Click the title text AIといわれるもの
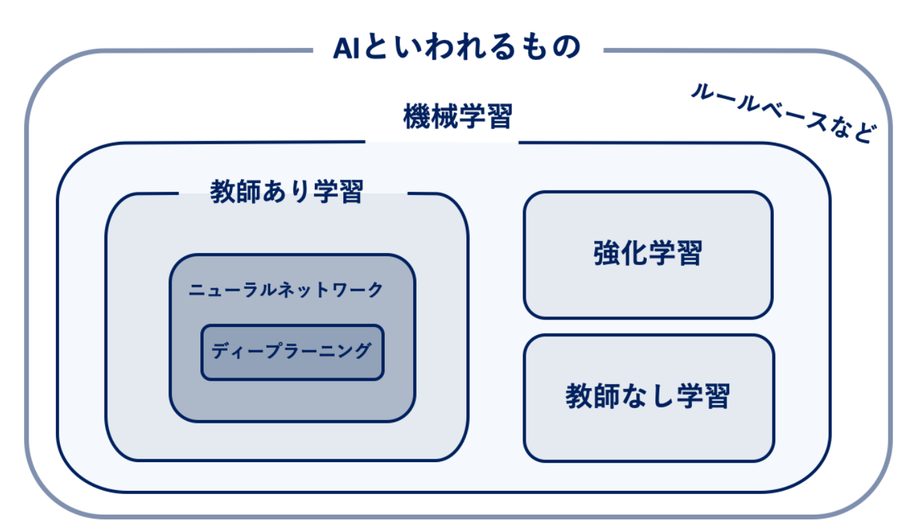[457, 47]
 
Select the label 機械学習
[458, 117]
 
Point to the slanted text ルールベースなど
[783, 113]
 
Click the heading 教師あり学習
[287, 191]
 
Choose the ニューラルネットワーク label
[285, 290]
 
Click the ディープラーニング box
[292, 352]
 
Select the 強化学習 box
[648, 254]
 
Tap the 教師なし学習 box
[649, 398]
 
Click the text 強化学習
[647, 253]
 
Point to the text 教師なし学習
[647, 396]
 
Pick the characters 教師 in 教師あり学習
[235, 191]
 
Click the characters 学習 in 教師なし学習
[703, 396]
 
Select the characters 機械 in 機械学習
[430, 117]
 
